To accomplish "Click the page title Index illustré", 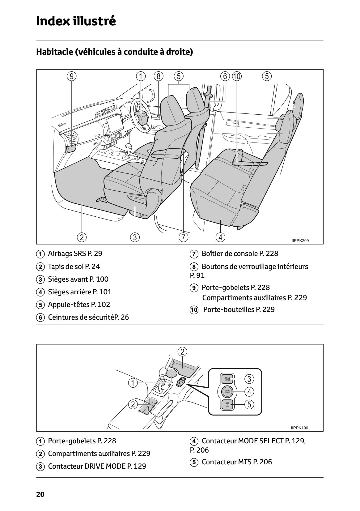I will [x=76, y=21].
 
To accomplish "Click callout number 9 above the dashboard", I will [x=71, y=76].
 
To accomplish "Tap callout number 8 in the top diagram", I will [x=158, y=76].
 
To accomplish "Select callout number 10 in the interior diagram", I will [x=237, y=76].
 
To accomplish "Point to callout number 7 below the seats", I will [x=183, y=237].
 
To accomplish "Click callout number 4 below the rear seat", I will [x=220, y=237].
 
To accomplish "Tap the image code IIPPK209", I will [x=300, y=241].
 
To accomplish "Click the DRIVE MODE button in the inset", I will [x=227, y=379].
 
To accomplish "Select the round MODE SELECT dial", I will [x=227, y=392].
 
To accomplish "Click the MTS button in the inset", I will [x=227, y=404].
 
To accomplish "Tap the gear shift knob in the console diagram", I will [x=163, y=372].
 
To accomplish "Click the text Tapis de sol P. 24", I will [x=74, y=266].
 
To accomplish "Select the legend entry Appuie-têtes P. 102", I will [x=79, y=304].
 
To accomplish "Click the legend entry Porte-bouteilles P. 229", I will [x=239, y=309].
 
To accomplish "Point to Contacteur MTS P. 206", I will [x=236, y=462].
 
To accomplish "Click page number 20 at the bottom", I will [x=40, y=494].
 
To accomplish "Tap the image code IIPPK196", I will [x=299, y=428].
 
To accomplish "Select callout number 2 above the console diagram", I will [x=182, y=351].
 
